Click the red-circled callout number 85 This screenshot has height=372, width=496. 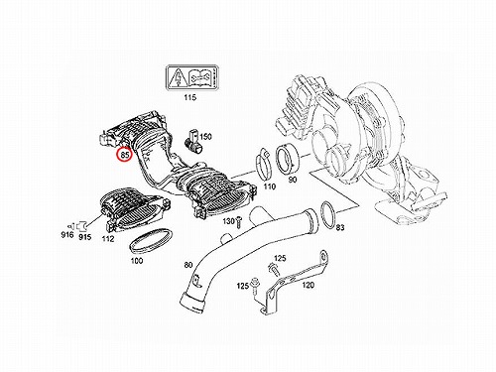[125, 154]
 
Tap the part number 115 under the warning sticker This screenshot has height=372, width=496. [190, 97]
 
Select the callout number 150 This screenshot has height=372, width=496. [205, 137]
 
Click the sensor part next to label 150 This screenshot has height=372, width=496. [192, 142]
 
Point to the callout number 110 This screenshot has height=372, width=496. [270, 186]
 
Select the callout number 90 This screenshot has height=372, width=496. [293, 180]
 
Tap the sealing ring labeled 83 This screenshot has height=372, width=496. [329, 215]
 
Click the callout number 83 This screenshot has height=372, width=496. [340, 227]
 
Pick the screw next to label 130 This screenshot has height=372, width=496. [239, 222]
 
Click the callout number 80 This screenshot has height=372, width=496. [187, 265]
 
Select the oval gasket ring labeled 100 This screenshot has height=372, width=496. [151, 241]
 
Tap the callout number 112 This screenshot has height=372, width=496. [108, 238]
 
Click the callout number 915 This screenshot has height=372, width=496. [84, 237]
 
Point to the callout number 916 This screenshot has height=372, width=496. [67, 235]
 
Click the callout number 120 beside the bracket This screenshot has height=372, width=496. [309, 285]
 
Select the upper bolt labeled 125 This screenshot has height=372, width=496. [274, 269]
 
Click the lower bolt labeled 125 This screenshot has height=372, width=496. [255, 286]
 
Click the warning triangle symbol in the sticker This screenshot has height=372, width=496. [178, 78]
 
